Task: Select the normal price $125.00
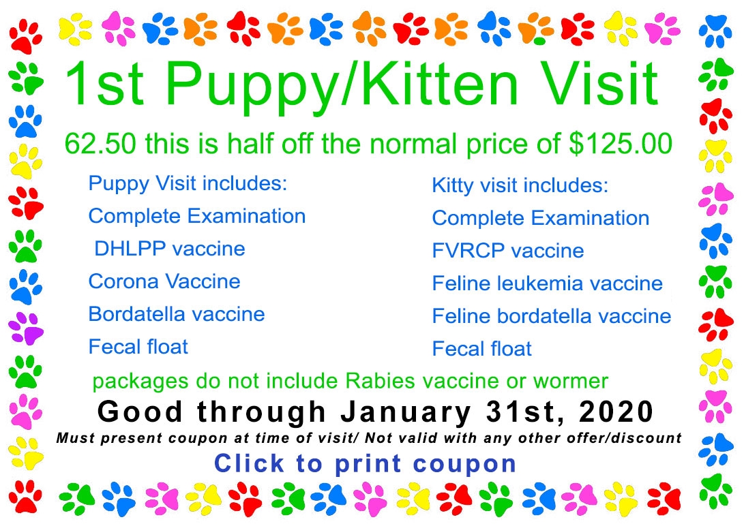click(621, 144)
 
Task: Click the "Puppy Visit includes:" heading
click(188, 183)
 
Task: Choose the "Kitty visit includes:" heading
click(520, 185)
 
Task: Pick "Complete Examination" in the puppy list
click(197, 216)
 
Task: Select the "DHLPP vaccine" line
click(170, 249)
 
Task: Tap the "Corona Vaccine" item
click(164, 281)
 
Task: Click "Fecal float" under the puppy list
click(138, 347)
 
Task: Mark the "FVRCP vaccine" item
click(508, 251)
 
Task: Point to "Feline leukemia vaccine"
click(548, 283)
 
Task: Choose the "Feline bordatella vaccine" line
click(552, 316)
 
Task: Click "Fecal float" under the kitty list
click(482, 349)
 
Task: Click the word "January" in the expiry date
click(406, 412)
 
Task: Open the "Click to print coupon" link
click(366, 463)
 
